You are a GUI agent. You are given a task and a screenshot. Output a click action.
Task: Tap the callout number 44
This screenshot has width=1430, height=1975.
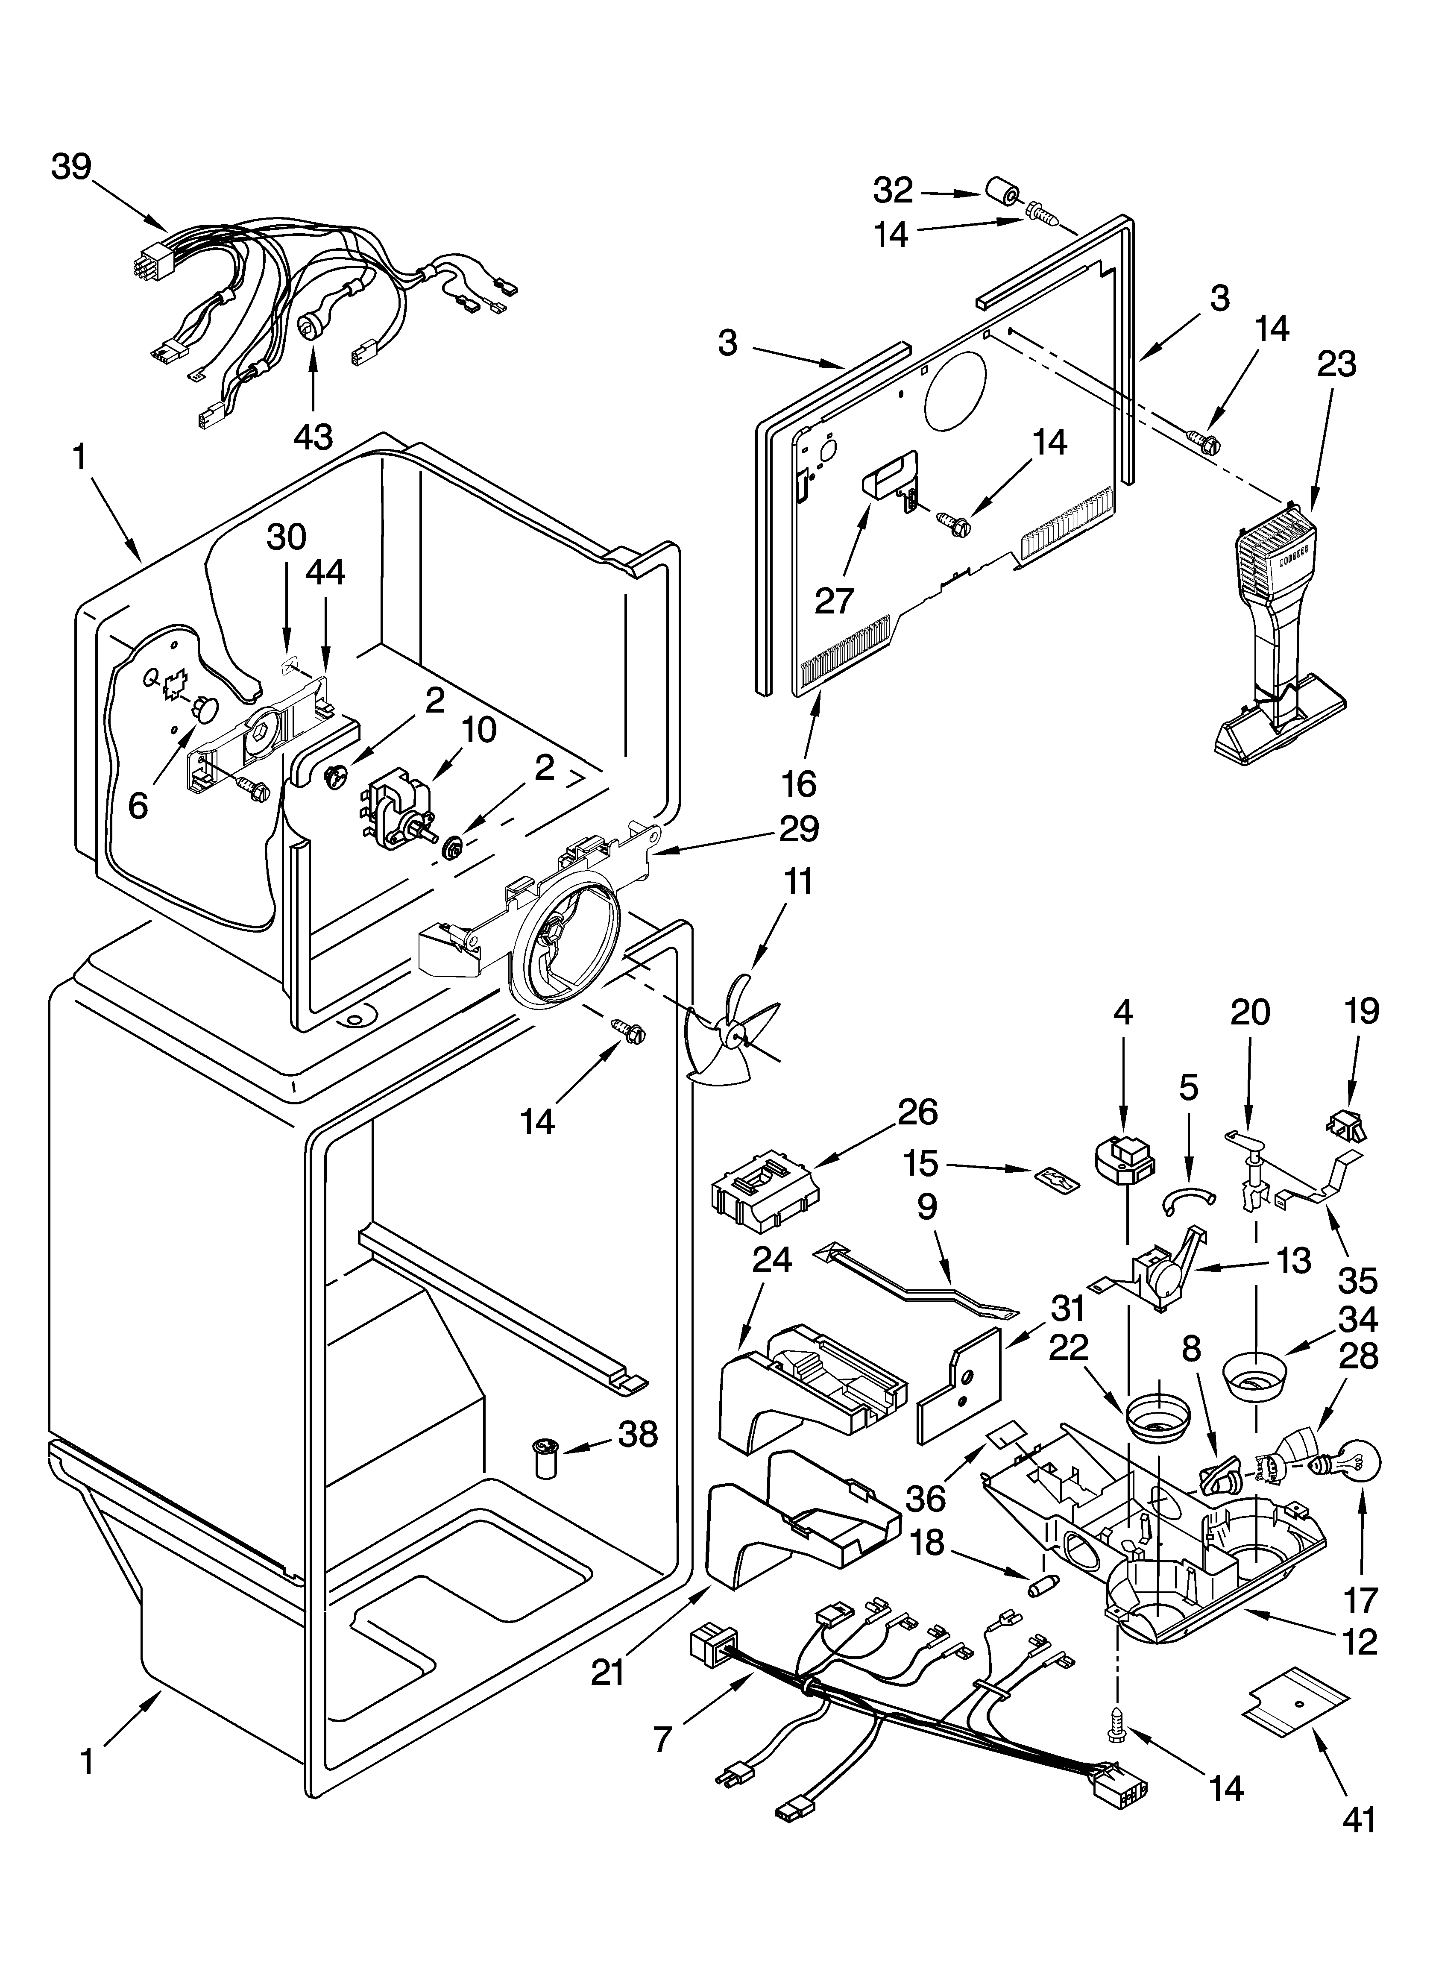click(324, 571)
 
